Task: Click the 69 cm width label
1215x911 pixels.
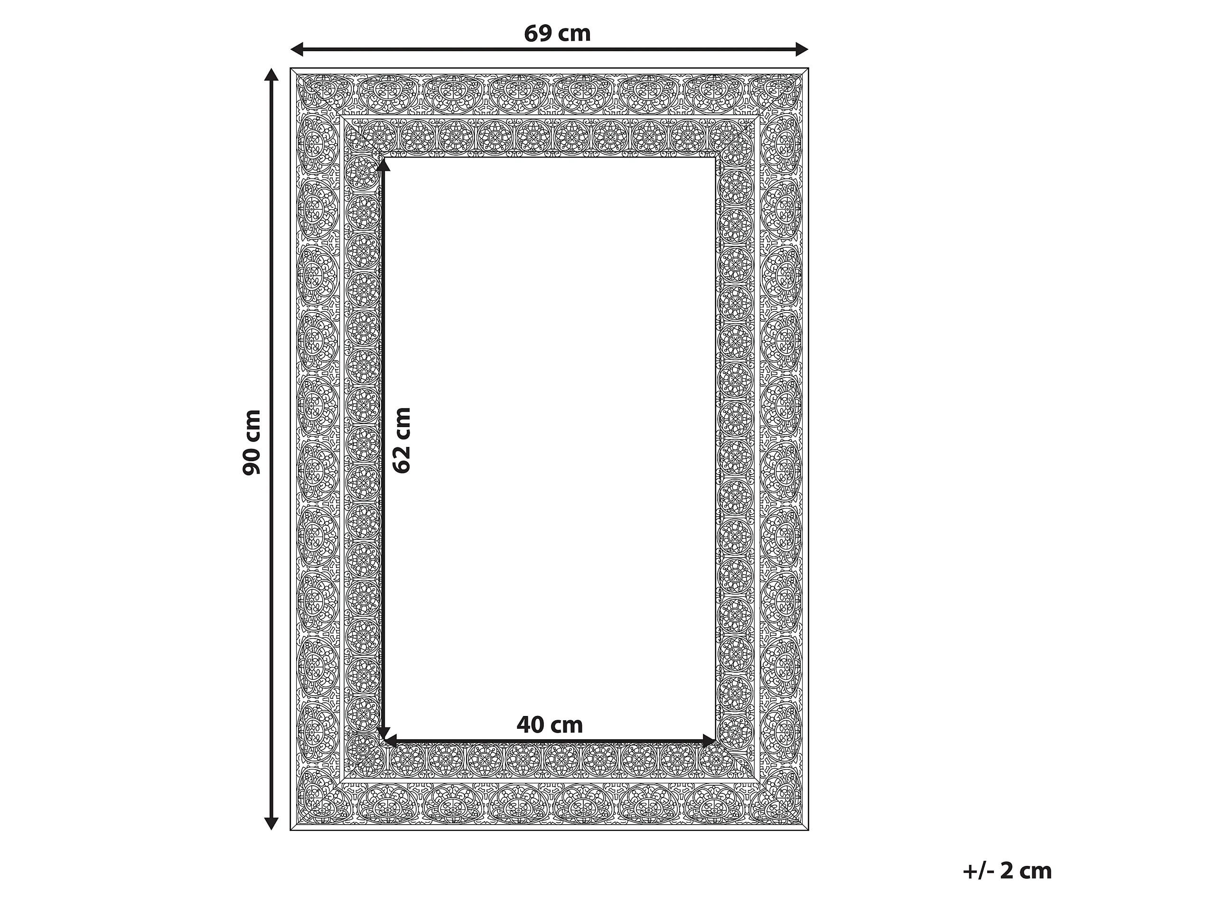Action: (x=557, y=34)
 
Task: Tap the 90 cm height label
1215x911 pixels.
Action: (x=252, y=442)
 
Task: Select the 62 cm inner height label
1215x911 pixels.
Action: (x=402, y=440)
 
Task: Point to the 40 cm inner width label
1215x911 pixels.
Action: (x=549, y=725)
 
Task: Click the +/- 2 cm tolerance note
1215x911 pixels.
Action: (x=1007, y=871)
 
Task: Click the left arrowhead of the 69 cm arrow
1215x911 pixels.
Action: (x=297, y=49)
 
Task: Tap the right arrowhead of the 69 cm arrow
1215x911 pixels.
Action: (x=802, y=49)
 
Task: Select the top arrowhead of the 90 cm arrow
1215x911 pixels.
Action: (x=271, y=74)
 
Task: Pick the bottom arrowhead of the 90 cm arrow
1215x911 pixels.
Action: (x=271, y=823)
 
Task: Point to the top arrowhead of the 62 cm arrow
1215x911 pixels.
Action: (x=383, y=164)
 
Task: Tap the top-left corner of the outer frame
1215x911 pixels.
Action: (x=290, y=68)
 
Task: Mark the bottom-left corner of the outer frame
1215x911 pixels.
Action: (x=290, y=830)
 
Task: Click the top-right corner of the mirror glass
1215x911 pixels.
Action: (x=716, y=158)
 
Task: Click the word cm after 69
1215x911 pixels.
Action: (x=574, y=35)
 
